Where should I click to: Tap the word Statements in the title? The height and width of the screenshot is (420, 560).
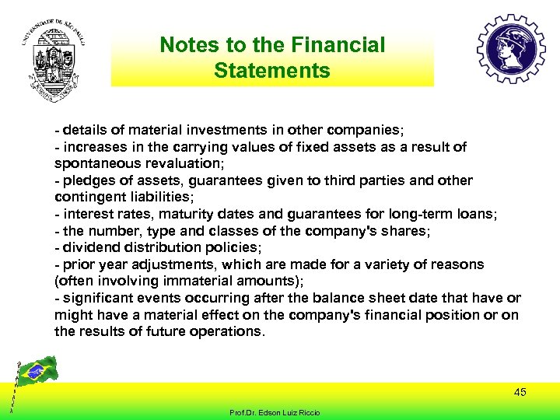[x=271, y=71]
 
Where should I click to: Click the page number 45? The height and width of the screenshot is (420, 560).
[x=520, y=392]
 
